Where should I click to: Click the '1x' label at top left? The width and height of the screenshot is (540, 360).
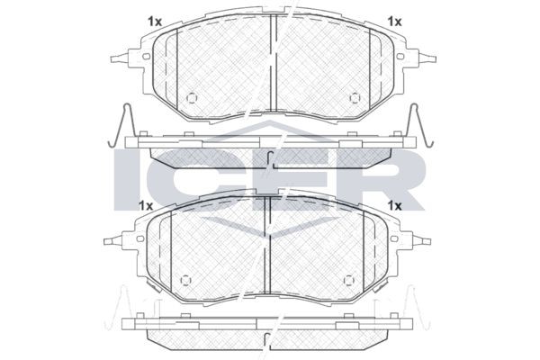pyautogui.click(x=155, y=22)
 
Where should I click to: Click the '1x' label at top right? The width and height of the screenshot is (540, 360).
pyautogui.click(x=395, y=22)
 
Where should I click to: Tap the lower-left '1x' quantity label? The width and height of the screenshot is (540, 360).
pyautogui.click(x=145, y=206)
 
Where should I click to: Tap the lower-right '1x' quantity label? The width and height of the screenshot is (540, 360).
pyautogui.click(x=395, y=206)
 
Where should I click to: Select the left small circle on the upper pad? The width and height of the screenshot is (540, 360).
pyautogui.click(x=192, y=98)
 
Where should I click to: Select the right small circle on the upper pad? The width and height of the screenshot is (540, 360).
pyautogui.click(x=355, y=98)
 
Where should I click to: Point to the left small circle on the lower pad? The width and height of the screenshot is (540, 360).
pyautogui.click(x=186, y=280)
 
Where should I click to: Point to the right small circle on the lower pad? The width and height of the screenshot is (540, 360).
pyautogui.click(x=349, y=280)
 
